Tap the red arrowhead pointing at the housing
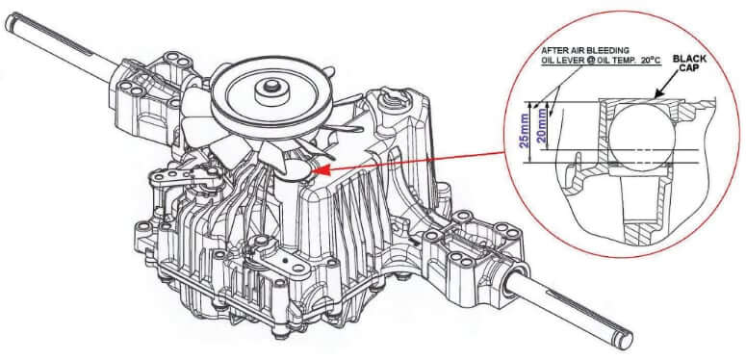[x=320, y=170]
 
